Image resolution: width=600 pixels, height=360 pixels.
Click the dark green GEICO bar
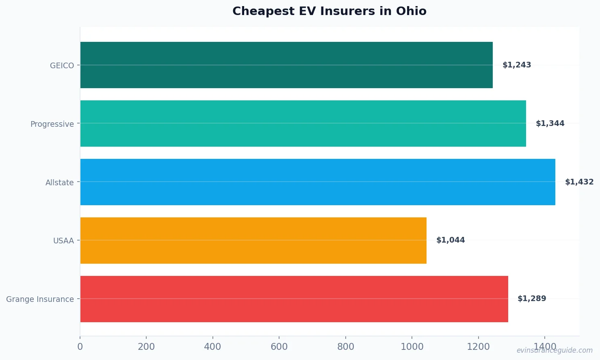[x=286, y=65]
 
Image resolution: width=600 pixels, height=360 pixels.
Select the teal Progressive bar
[x=303, y=124]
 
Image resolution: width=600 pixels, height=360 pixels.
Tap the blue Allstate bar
[x=318, y=182]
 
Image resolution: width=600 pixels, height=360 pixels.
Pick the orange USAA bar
[x=253, y=241]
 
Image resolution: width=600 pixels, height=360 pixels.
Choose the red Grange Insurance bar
[x=294, y=299]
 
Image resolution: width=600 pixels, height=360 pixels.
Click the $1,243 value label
[x=517, y=65]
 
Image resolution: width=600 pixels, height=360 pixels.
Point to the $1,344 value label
[x=550, y=124]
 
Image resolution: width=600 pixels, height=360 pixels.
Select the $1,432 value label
[x=579, y=182]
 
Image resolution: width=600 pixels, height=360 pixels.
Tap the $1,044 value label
[x=451, y=240]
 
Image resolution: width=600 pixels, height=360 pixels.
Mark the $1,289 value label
[x=532, y=299]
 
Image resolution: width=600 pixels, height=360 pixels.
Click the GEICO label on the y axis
[x=62, y=65]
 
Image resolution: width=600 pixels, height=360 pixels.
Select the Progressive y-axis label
[x=52, y=124]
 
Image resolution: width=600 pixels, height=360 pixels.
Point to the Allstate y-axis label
[x=59, y=182]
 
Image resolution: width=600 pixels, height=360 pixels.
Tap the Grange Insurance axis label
[x=40, y=299]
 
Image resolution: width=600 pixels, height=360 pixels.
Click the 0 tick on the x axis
[x=80, y=347]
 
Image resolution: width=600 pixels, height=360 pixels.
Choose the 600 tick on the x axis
[x=279, y=347]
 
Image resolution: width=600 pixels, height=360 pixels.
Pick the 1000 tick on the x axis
[x=412, y=347]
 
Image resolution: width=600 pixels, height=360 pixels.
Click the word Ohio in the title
[x=411, y=11]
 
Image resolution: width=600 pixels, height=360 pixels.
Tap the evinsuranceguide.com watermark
[x=555, y=350]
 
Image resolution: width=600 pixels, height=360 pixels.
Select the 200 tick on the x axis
[x=146, y=347]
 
